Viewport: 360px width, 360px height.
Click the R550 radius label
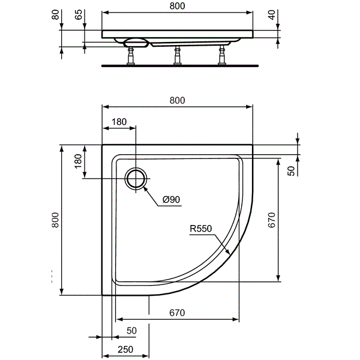click(201, 229)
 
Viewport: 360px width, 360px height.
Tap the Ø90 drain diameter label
click(171, 200)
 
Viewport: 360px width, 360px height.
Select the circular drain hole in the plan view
click(136, 179)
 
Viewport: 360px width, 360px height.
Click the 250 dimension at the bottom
click(125, 349)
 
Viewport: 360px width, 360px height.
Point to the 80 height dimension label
click(55, 14)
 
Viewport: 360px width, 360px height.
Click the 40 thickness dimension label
click(272, 15)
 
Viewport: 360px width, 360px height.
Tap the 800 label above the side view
click(177, 6)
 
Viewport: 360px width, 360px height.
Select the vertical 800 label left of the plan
click(55, 220)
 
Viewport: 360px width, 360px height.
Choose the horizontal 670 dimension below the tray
click(177, 313)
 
